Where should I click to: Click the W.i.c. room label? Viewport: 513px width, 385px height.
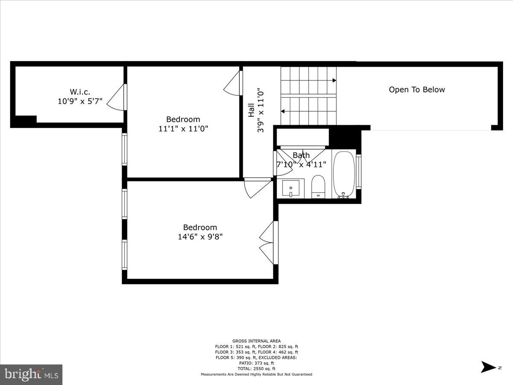tap(80, 92)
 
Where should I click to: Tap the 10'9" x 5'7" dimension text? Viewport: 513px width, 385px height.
tap(80, 101)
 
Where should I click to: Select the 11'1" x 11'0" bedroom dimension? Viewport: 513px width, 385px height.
tap(183, 128)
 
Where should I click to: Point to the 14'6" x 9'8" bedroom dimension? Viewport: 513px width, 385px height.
tap(200, 236)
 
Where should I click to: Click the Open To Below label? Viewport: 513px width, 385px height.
tap(417, 90)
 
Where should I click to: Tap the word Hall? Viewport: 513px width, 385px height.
tap(251, 110)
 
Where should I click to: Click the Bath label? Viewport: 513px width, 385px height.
tap(301, 155)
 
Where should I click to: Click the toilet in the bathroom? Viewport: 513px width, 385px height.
tap(318, 186)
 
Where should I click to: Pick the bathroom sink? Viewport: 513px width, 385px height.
tap(291, 188)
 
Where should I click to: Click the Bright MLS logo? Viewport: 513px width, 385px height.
tap(31, 374)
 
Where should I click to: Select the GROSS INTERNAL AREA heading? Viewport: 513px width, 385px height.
tap(256, 341)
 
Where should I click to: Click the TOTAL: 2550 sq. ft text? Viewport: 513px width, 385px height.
tap(256, 368)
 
